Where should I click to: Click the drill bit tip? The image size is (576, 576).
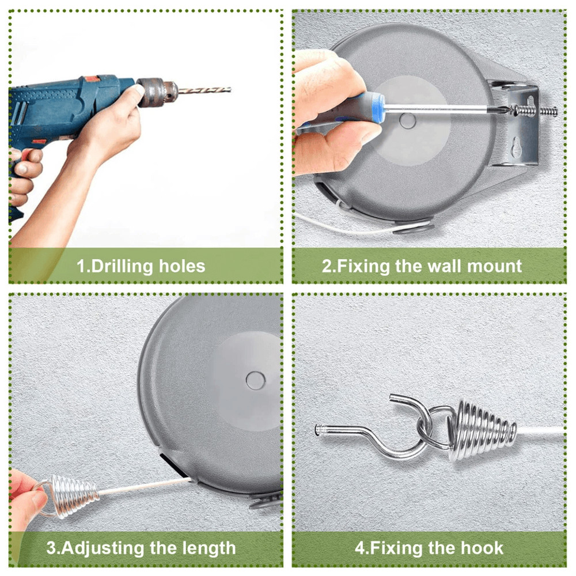point(229,89)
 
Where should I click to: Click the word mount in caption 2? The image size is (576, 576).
point(496,266)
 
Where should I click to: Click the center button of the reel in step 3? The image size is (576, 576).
point(253,379)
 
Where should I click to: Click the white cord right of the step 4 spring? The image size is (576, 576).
point(541,431)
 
